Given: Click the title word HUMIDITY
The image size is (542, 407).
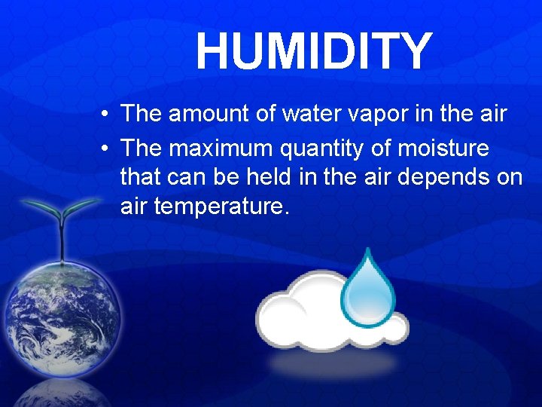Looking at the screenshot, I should (314, 52).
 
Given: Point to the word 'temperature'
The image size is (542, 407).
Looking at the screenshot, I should (221, 207).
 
